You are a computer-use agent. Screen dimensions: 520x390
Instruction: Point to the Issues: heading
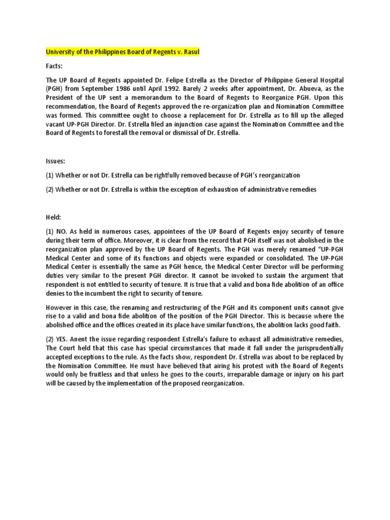pos(55,160)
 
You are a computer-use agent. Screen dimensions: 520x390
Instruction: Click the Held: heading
pos(53,217)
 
